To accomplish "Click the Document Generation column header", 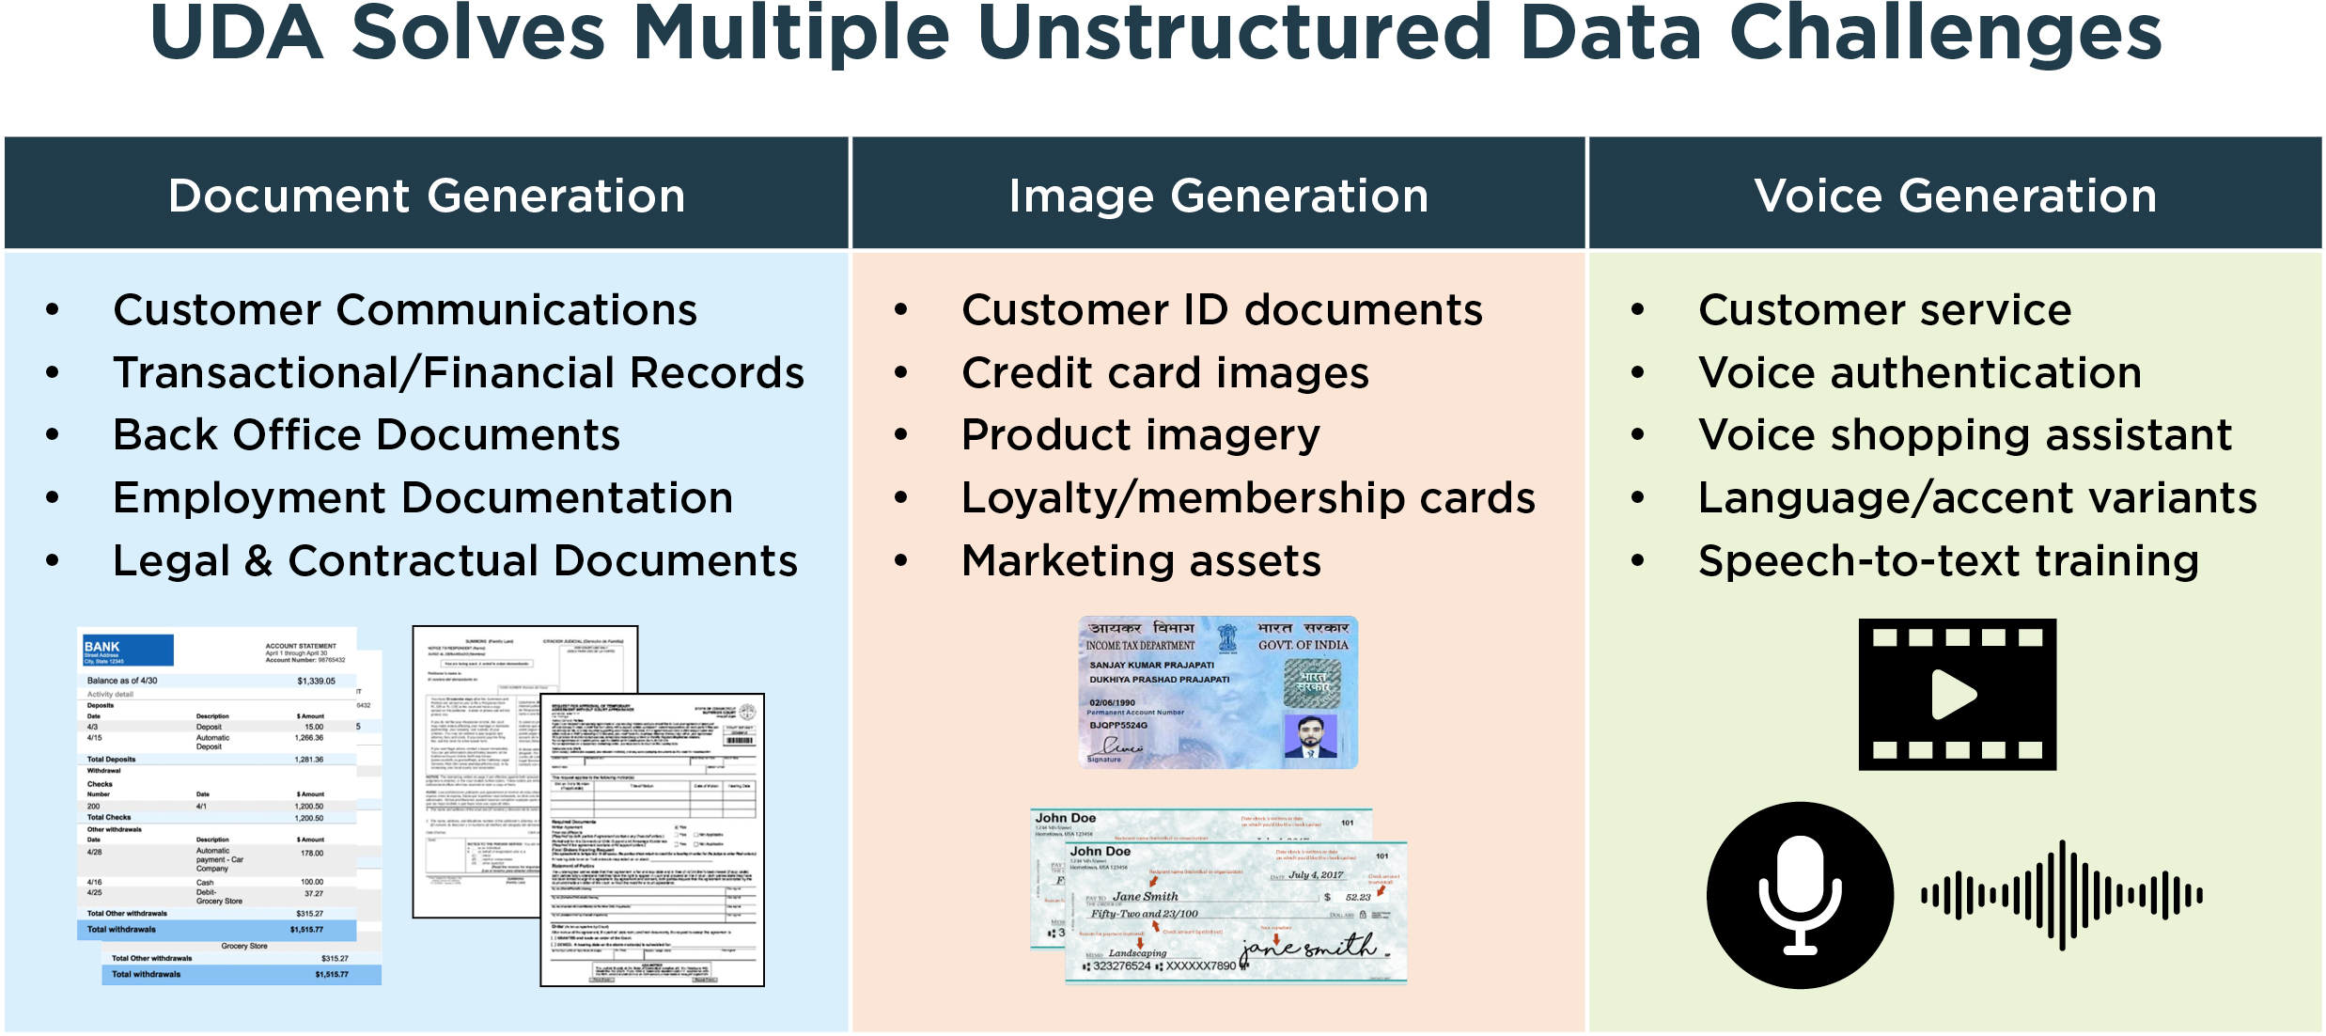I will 427,196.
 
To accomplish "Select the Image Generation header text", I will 1218,196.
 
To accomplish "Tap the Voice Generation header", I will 1955,196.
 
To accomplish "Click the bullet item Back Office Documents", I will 367,435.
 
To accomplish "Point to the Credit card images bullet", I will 1165,373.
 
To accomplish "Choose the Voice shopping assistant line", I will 1964,435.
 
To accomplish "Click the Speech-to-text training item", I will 1948,561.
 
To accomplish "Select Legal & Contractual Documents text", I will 455,561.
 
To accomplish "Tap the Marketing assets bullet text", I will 1141,561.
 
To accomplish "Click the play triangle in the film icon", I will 1954,695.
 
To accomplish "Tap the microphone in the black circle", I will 1800,894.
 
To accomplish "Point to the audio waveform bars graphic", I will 2061,894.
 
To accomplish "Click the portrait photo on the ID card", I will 1310,736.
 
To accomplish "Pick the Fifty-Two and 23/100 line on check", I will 1144,914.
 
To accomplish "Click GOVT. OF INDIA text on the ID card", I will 1303,645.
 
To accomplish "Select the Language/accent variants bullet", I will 1977,498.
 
